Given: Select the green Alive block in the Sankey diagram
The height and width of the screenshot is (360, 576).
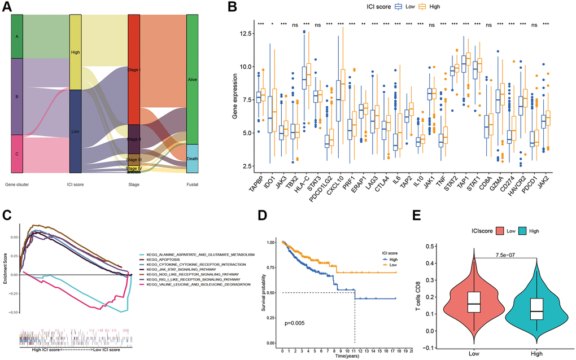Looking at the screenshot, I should tap(193, 79).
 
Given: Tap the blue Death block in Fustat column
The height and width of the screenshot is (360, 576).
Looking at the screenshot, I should tap(193, 159).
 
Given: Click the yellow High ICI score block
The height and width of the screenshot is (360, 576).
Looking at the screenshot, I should tap(75, 52).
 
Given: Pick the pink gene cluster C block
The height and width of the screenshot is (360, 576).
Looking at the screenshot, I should tap(17, 153).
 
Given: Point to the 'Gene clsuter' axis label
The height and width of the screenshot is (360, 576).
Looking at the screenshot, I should tap(18, 184).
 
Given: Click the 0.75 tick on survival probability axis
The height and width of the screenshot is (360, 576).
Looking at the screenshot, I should tap(271, 267).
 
